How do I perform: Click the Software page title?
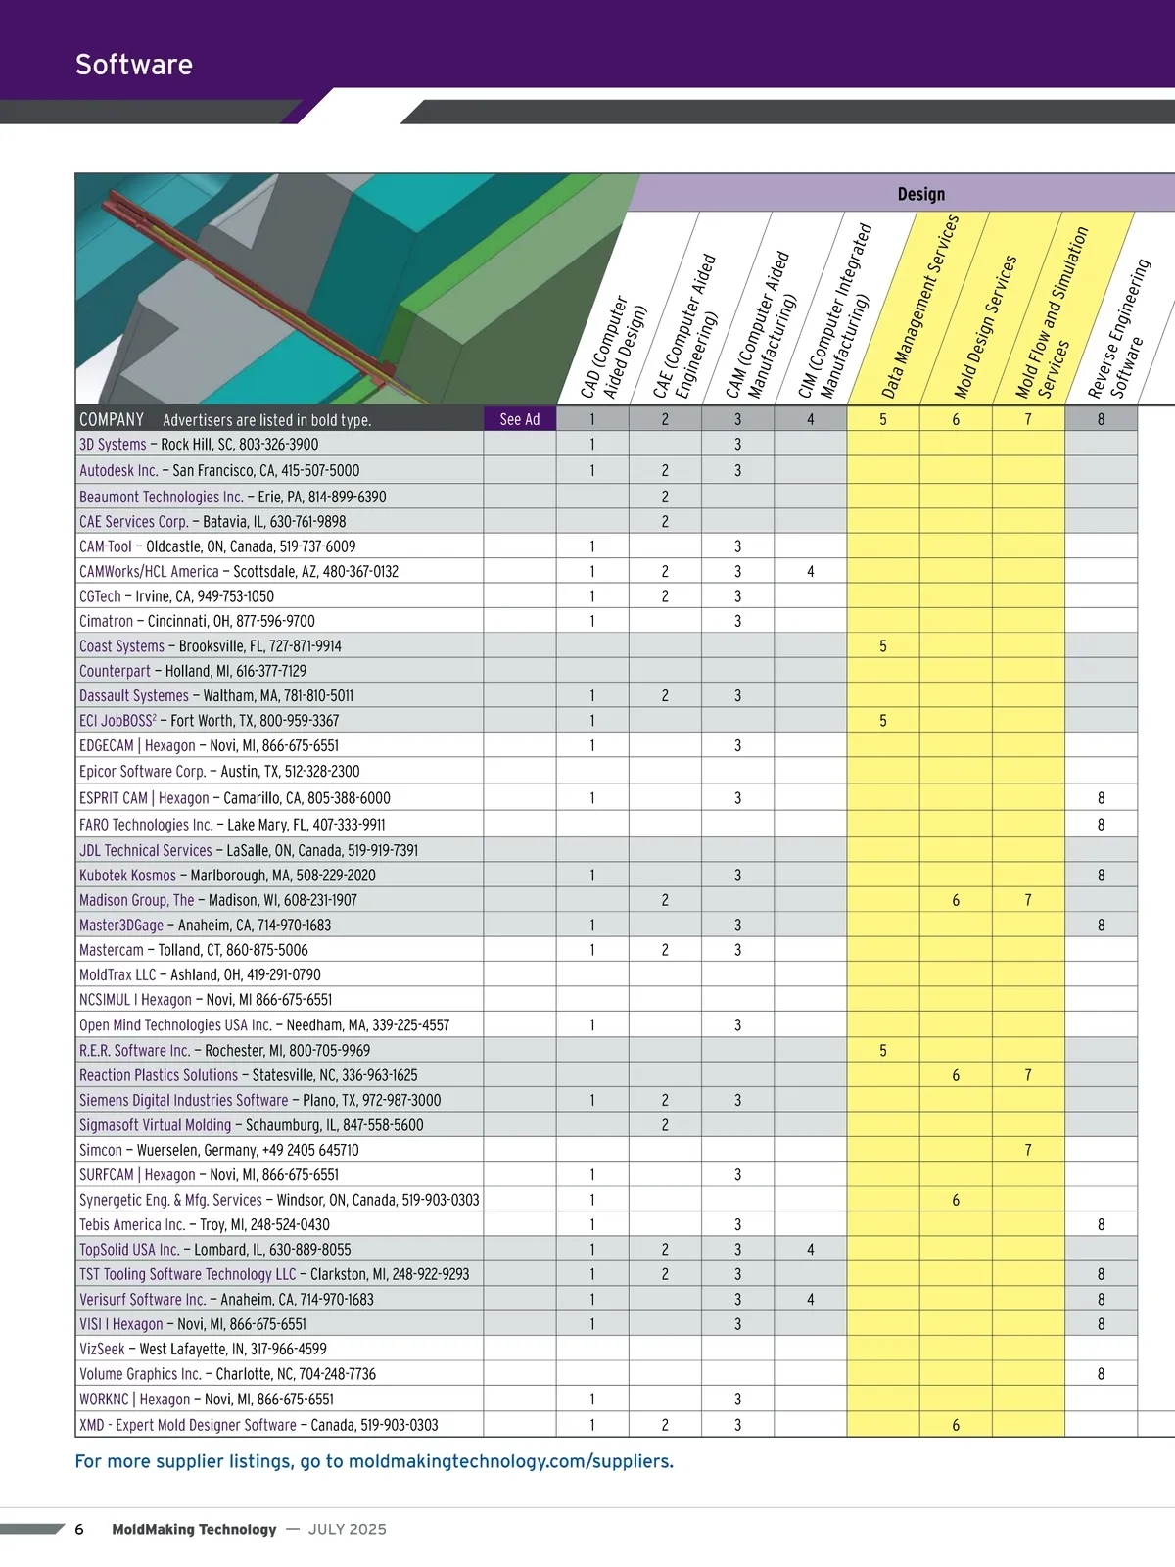(134, 65)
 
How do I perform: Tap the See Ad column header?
(519, 419)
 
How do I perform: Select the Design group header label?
(920, 194)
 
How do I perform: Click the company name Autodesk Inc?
(118, 471)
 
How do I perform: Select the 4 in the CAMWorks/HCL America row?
(810, 572)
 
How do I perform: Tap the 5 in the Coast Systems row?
(882, 646)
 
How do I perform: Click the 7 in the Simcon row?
(1028, 1151)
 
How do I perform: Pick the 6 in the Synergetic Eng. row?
(956, 1201)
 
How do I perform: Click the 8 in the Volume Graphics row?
(1101, 1375)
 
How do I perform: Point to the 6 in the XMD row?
(956, 1426)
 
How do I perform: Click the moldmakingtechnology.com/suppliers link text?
(510, 1462)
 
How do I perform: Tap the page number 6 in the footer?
(79, 1530)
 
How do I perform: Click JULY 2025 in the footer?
(347, 1530)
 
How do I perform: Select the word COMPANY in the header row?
(112, 420)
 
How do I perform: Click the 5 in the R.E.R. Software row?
(882, 1051)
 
